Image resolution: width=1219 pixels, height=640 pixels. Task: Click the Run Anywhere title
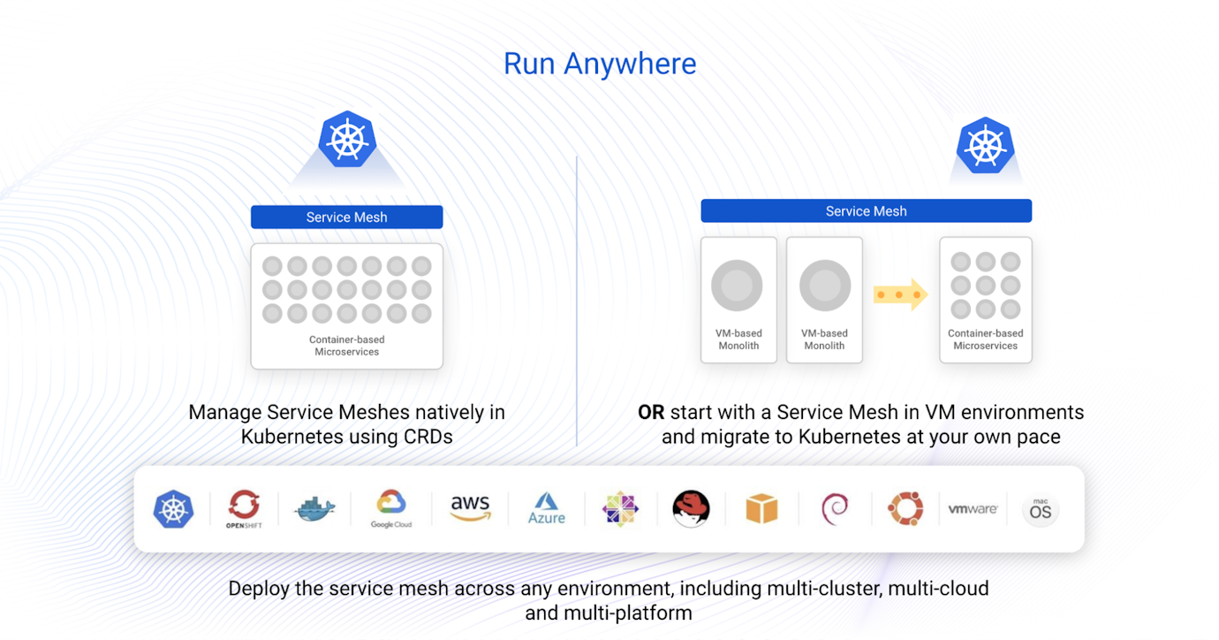click(600, 64)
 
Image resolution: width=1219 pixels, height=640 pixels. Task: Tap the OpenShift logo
click(244, 508)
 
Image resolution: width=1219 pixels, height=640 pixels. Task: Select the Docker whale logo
click(315, 508)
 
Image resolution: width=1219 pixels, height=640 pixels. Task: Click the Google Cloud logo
click(391, 508)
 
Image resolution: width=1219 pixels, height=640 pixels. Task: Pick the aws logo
click(470, 507)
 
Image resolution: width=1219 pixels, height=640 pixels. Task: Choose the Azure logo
click(546, 508)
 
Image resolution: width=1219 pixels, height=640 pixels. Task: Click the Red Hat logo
click(691, 509)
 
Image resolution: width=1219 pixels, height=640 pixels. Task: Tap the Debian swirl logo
click(835, 508)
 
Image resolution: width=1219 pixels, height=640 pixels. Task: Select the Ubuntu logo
click(905, 508)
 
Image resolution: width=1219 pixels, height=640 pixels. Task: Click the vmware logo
click(973, 509)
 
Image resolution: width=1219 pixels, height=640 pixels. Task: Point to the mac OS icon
click(1041, 510)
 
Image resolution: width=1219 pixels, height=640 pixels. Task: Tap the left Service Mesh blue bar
click(346, 217)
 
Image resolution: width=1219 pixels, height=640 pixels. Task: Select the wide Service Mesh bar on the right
click(866, 211)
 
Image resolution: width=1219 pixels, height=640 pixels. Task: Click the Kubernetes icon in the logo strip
click(174, 509)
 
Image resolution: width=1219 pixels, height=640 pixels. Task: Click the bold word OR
click(651, 412)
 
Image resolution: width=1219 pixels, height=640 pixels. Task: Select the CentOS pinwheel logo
click(619, 508)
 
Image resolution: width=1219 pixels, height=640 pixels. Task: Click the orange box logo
click(761, 509)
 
